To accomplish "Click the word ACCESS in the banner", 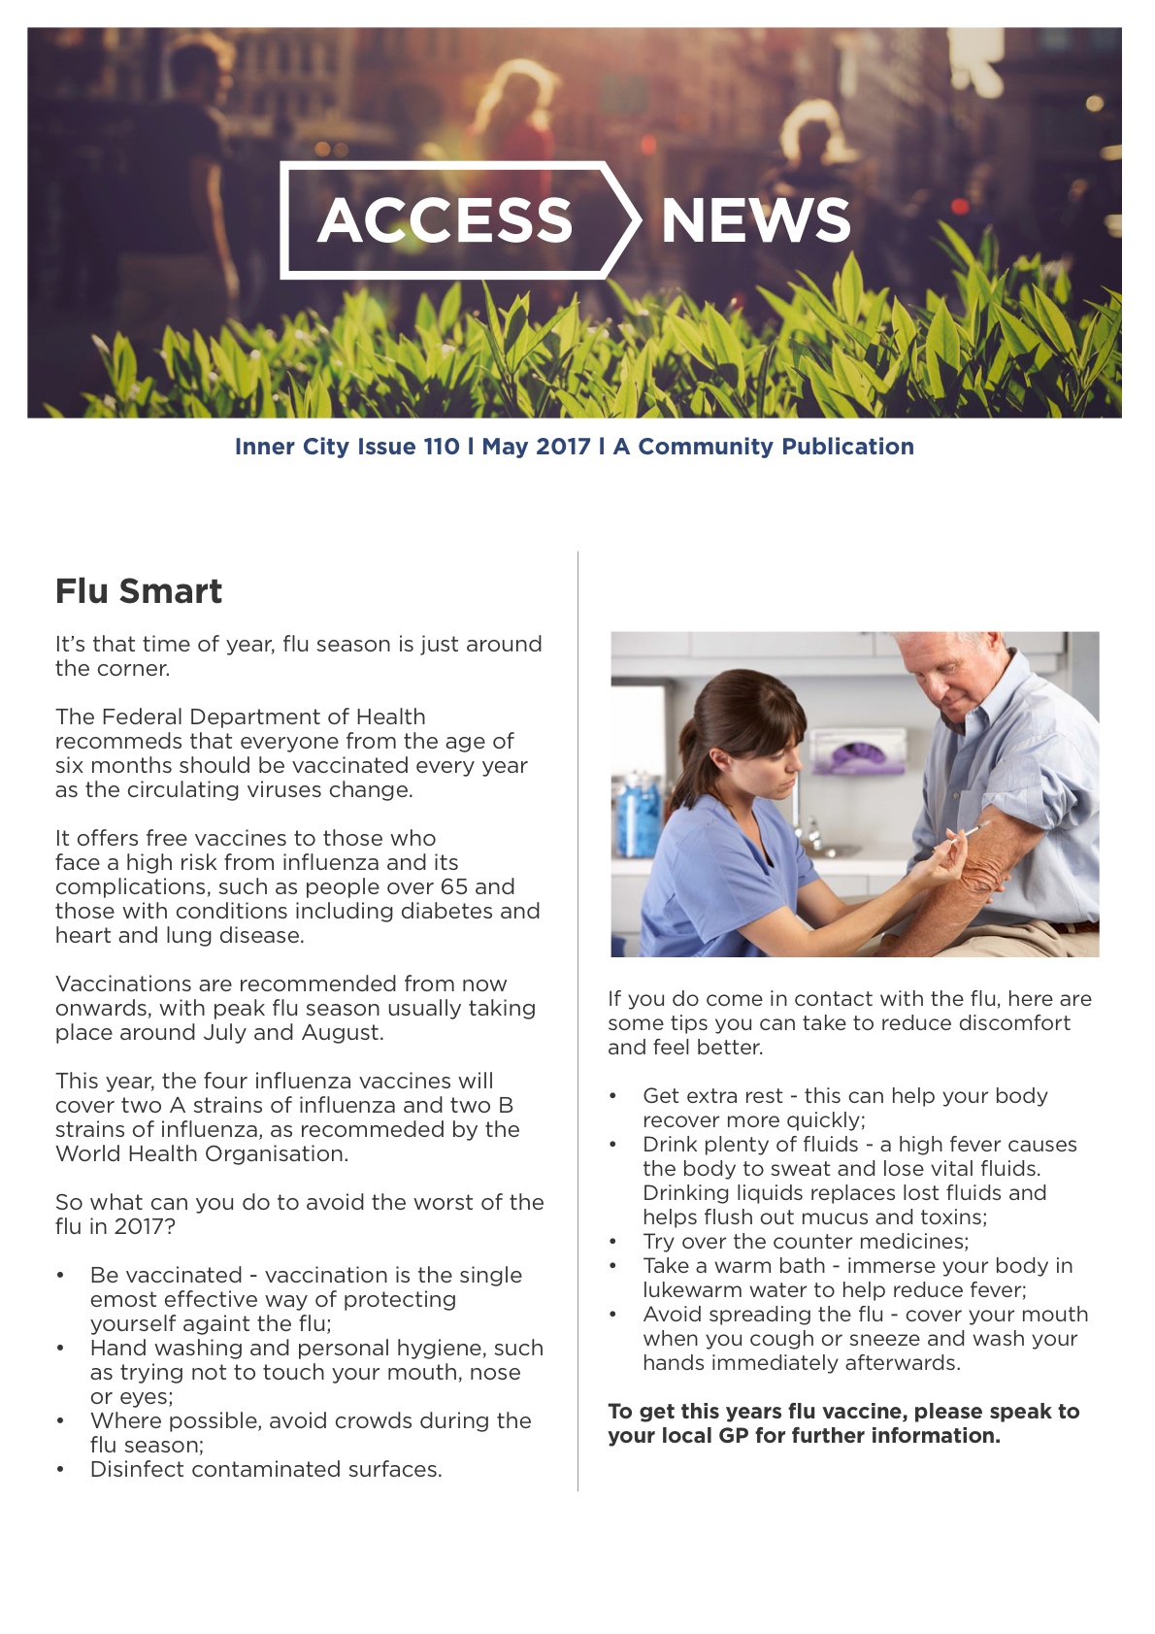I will click(x=445, y=220).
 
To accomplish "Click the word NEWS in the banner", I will click(x=755, y=220).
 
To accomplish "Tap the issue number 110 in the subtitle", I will click(x=442, y=447).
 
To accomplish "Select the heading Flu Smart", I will click(x=139, y=591).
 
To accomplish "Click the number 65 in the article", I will click(x=453, y=886).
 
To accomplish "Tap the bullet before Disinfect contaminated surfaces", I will click(x=61, y=1470).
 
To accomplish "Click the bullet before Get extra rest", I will click(x=613, y=1096).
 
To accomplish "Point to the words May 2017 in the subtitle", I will click(x=536, y=447).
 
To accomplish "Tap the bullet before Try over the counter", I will click(x=613, y=1242).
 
